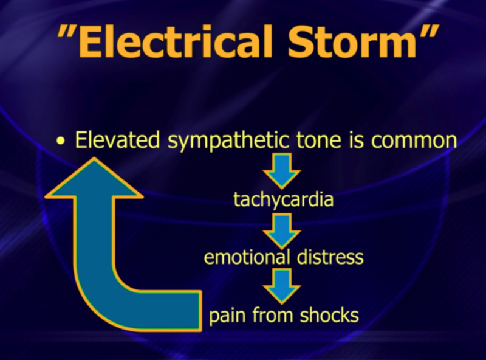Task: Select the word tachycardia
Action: tap(284, 199)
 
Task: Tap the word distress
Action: tap(330, 257)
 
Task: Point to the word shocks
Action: tap(327, 316)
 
